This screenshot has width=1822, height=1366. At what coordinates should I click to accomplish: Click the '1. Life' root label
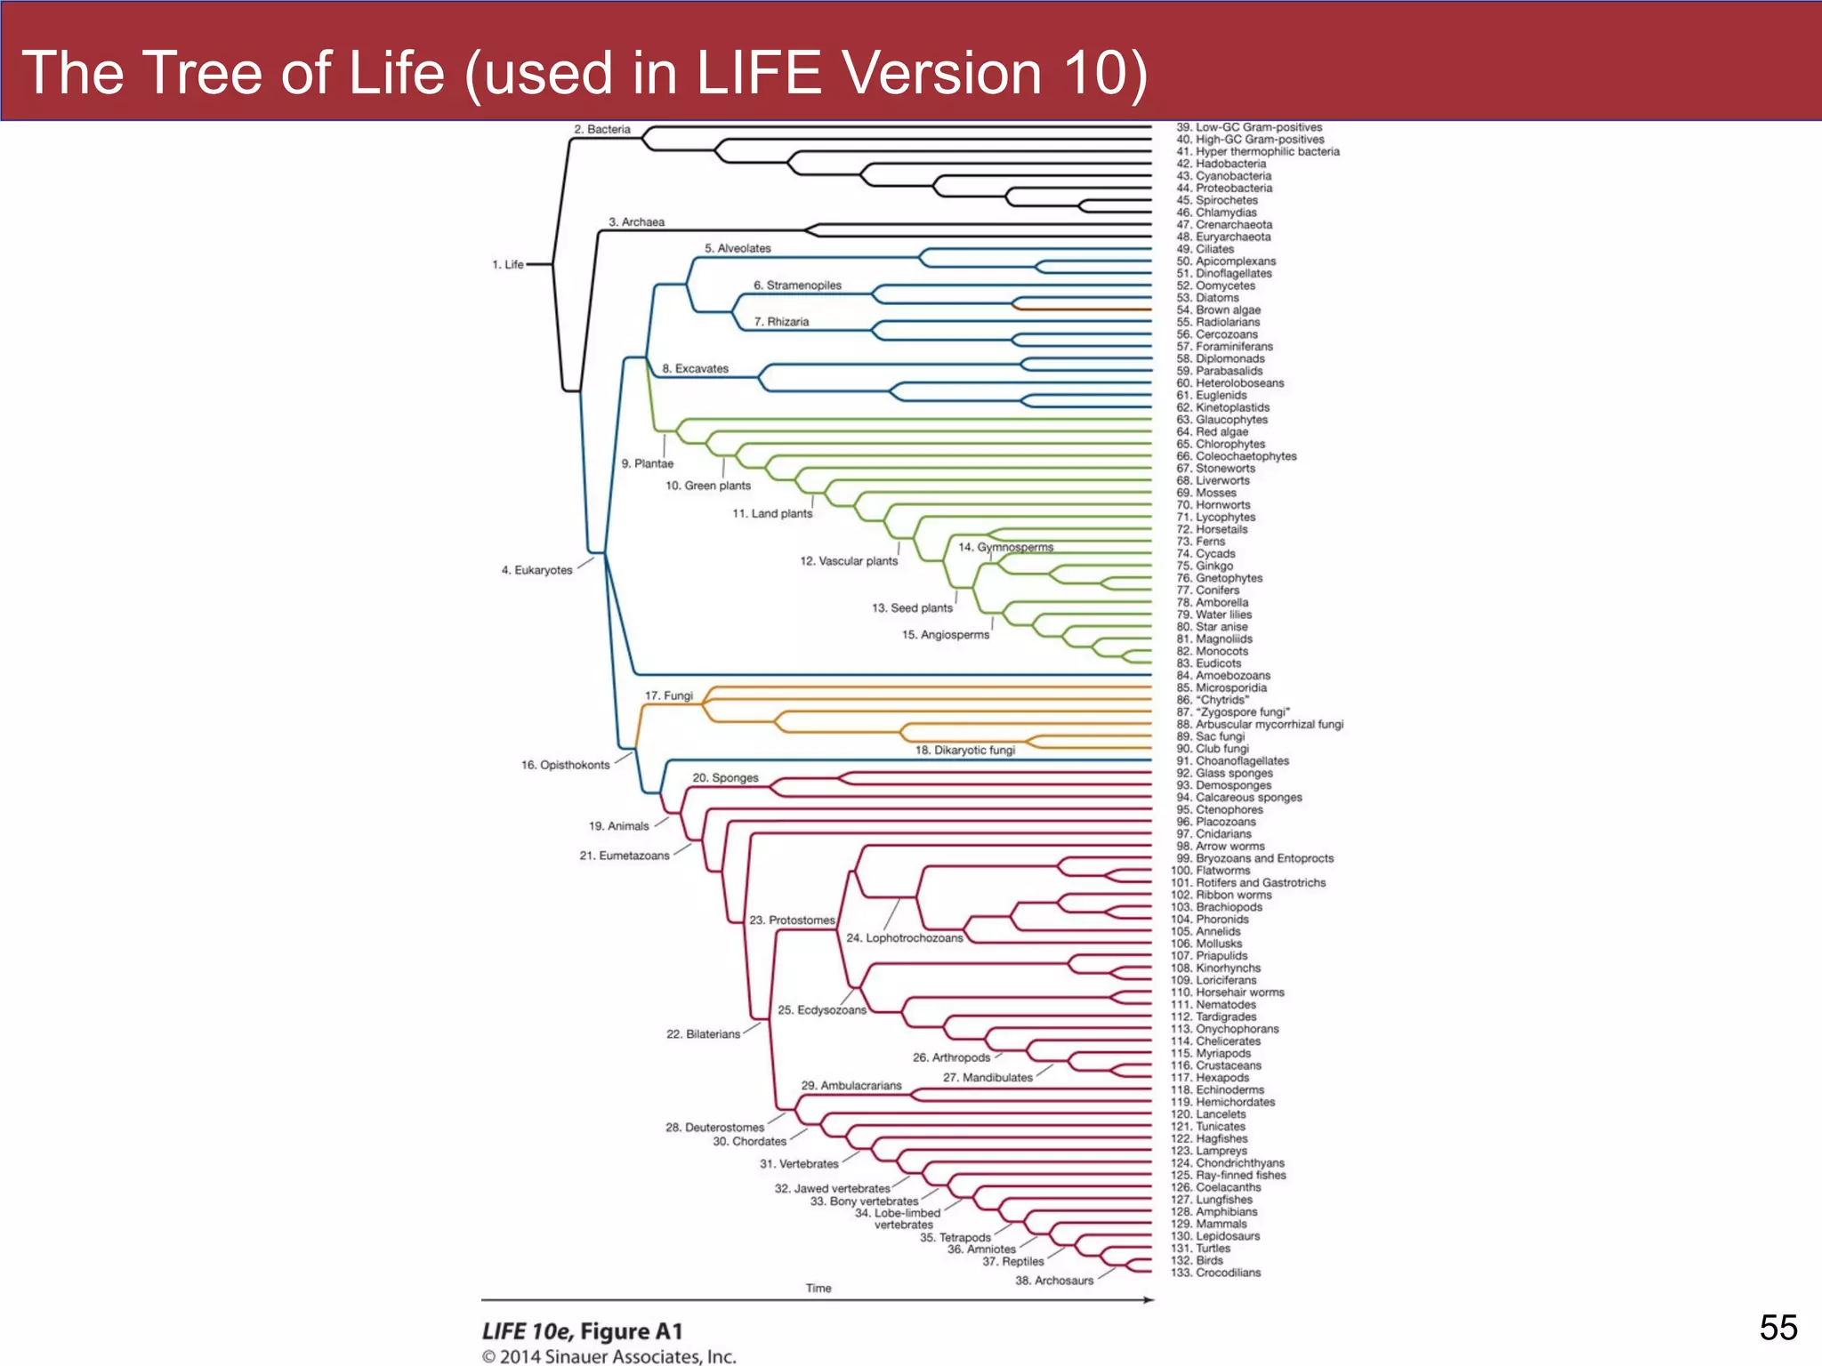(x=508, y=264)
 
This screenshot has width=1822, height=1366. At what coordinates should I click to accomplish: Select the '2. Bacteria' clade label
(x=602, y=130)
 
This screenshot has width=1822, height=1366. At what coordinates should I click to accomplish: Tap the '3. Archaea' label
(x=636, y=222)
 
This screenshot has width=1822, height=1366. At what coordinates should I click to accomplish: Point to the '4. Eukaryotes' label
(x=536, y=570)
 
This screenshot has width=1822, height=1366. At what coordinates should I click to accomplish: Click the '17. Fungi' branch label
(x=668, y=695)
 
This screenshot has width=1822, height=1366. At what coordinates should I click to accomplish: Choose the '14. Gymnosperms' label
(x=1005, y=547)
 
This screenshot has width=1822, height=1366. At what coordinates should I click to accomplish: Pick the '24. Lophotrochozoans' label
(x=904, y=938)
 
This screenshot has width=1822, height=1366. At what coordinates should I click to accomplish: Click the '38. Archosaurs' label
(x=1054, y=1281)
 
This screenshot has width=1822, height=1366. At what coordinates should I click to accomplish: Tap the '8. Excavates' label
(x=695, y=368)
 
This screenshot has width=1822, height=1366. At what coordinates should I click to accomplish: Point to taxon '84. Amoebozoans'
(x=1223, y=676)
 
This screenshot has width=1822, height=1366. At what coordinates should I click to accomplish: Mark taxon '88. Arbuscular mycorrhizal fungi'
(x=1259, y=725)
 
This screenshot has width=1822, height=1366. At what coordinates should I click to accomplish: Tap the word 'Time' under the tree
(x=818, y=1288)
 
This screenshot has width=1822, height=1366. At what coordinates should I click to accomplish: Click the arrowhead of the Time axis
(x=1149, y=1300)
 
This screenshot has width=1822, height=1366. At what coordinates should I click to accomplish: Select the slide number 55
(x=1778, y=1328)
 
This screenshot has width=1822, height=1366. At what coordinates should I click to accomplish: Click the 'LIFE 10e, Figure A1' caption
(x=582, y=1331)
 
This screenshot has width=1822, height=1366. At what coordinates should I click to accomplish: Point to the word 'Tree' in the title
(x=201, y=72)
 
